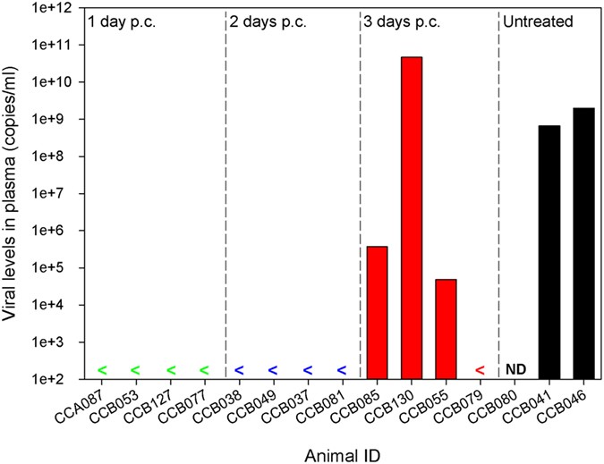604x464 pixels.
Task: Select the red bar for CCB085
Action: [x=377, y=312]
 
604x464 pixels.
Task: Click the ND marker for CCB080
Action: [x=515, y=368]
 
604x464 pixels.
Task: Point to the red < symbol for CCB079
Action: [x=480, y=369]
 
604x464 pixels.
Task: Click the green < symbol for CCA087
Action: [x=101, y=369]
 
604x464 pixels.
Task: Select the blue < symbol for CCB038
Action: [x=239, y=369]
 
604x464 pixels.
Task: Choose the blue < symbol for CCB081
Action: [x=342, y=369]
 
